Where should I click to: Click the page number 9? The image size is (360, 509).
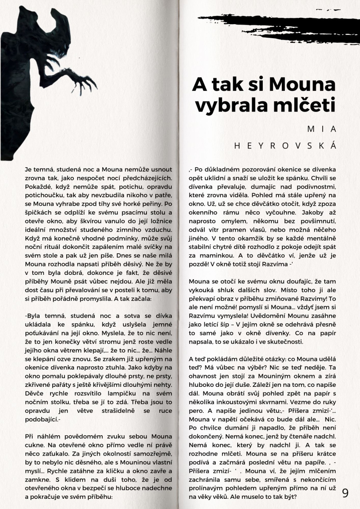pyautogui.click(x=345, y=493)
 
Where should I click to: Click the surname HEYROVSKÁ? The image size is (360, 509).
pyautogui.click(x=285, y=145)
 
